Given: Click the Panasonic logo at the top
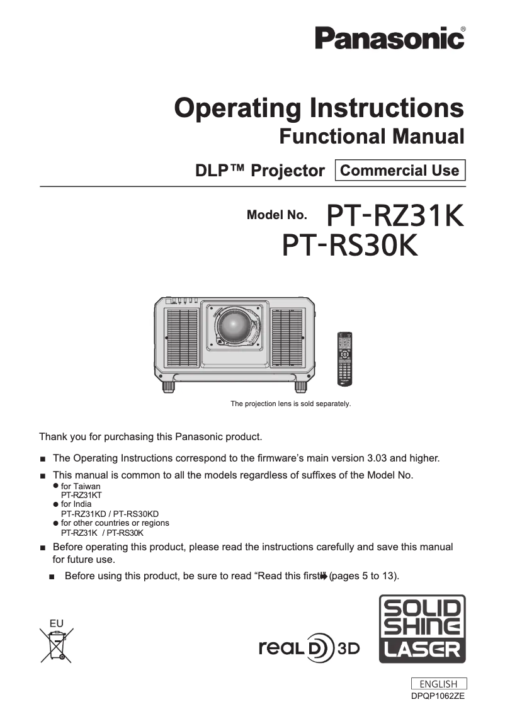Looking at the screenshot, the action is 390,38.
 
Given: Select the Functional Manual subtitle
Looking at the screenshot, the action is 372,136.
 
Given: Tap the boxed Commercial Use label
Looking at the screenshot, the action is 400,171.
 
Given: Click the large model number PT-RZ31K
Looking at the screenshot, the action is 395,216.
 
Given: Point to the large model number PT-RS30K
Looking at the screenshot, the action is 349,246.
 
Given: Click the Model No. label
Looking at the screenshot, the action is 277,215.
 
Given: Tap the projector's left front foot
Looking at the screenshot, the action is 168,385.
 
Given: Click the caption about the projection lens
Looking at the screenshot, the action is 290,403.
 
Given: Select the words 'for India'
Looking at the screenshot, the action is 76,504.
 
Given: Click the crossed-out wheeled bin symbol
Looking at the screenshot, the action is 57,645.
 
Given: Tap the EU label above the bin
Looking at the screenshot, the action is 57,623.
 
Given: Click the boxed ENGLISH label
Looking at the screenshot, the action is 438,684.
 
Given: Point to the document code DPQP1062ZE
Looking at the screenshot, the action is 438,696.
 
